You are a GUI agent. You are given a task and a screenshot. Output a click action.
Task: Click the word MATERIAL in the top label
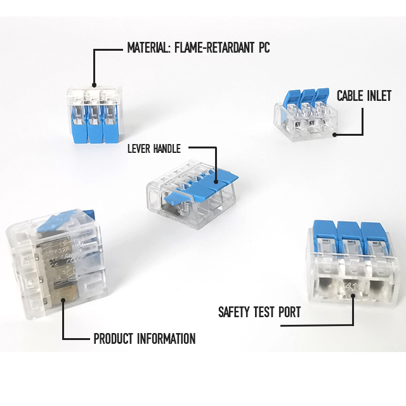click(x=148, y=48)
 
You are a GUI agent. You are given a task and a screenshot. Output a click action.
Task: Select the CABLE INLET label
click(x=364, y=96)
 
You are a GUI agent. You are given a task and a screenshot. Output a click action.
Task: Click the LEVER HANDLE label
click(x=154, y=148)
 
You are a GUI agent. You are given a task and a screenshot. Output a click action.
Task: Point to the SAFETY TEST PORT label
click(x=259, y=311)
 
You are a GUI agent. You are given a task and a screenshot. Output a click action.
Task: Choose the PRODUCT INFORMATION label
click(x=145, y=339)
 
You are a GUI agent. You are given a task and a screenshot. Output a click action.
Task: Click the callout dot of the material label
click(x=94, y=85)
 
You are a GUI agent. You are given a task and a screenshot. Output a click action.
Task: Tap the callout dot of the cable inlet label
click(x=334, y=134)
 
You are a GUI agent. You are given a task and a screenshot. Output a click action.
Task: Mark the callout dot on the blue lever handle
click(x=216, y=182)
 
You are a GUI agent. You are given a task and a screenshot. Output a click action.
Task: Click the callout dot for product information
click(x=63, y=300)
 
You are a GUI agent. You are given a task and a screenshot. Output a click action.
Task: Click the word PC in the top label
click(x=265, y=48)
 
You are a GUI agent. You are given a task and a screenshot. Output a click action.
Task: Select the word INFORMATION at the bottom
click(x=166, y=339)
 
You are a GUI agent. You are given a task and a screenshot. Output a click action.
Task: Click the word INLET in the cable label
click(x=379, y=96)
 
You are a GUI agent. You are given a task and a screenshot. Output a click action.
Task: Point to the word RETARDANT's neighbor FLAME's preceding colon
click(x=169, y=49)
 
